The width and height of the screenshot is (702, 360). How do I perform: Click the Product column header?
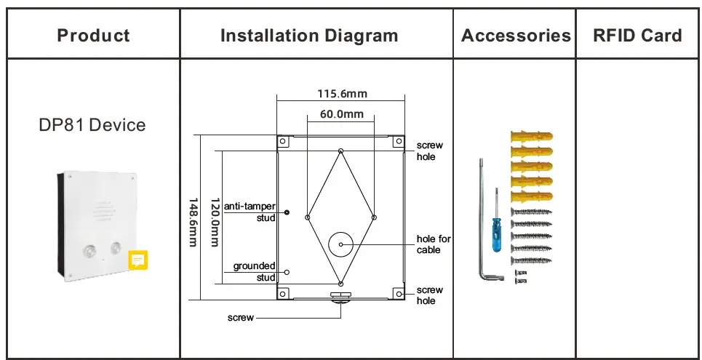pyautogui.click(x=93, y=35)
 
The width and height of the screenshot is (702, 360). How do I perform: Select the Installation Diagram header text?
pyautogui.click(x=309, y=35)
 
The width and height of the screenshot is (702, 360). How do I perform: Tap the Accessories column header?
pyautogui.click(x=515, y=35)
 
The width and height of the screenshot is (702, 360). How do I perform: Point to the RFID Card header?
pyautogui.click(x=637, y=35)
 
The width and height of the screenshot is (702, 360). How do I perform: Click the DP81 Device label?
pyautogui.click(x=92, y=125)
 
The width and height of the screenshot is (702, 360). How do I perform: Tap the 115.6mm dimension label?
pyautogui.click(x=342, y=93)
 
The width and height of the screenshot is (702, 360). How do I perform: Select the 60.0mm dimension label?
pyautogui.click(x=341, y=114)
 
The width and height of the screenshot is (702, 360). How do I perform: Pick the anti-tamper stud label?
pyautogui.click(x=250, y=211)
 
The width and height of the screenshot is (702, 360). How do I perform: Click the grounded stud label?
pyautogui.click(x=254, y=271)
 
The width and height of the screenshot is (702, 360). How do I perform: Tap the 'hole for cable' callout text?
pyautogui.click(x=434, y=244)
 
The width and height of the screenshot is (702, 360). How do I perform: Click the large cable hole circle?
pyautogui.click(x=341, y=244)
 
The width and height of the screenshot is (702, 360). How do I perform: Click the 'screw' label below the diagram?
pyautogui.click(x=241, y=318)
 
